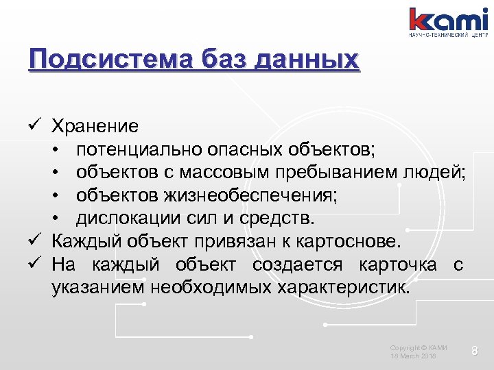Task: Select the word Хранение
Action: point(95,126)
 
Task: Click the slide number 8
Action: point(473,351)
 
